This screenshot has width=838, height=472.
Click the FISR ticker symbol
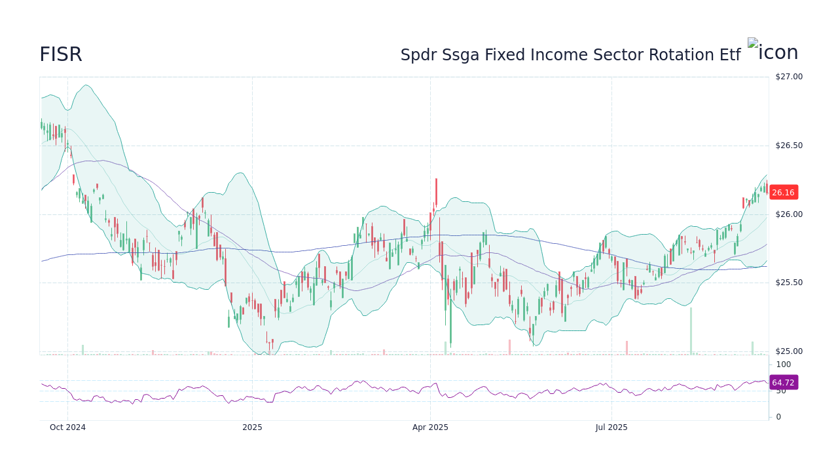point(61,55)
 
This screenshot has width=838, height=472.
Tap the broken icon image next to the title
point(773,52)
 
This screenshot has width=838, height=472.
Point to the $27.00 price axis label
point(788,77)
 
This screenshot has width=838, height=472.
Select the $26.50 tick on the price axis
point(788,146)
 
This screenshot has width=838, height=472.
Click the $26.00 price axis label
point(788,214)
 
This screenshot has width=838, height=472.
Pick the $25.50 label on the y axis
point(788,283)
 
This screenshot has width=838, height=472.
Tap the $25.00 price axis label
point(788,351)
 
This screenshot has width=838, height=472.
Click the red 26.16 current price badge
point(783,193)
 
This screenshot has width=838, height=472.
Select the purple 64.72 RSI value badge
point(783,382)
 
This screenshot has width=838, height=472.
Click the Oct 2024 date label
point(67,427)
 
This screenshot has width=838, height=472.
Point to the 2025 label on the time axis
point(252,427)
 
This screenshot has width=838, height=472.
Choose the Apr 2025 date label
point(430,427)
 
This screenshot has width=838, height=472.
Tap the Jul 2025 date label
point(611,427)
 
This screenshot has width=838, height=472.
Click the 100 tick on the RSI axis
point(783,364)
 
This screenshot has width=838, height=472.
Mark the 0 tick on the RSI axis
point(778,417)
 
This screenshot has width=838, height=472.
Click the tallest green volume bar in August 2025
point(691,331)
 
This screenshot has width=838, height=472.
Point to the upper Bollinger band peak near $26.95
point(86,85)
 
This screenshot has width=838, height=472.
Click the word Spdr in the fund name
point(418,55)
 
